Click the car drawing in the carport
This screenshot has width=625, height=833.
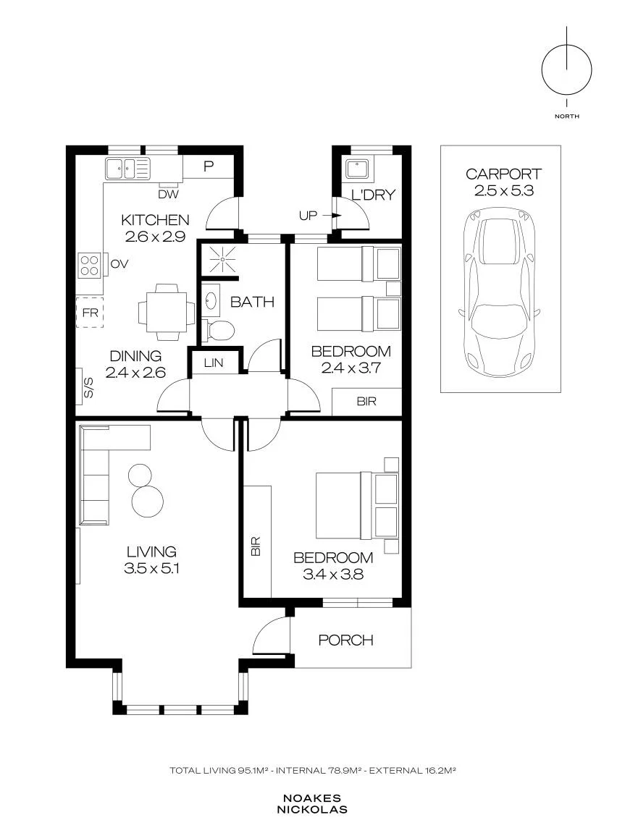[x=500, y=293]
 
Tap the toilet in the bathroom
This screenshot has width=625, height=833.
[x=219, y=330]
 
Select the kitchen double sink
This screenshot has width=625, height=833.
[x=127, y=169]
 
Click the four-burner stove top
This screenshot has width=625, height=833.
[x=89, y=265]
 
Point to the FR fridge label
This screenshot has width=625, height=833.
[x=91, y=313]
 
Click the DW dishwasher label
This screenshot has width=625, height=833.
[x=169, y=195]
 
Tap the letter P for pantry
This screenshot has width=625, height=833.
[x=209, y=166]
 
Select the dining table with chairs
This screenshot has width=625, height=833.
[x=167, y=312]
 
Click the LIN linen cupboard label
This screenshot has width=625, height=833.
[x=214, y=363]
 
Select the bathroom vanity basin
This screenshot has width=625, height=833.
[x=211, y=300]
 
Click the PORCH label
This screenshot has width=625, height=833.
[x=345, y=640]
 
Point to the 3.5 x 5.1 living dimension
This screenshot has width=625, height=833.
[x=151, y=568]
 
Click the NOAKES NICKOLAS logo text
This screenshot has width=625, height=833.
[x=312, y=804]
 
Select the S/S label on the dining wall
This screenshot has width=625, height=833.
[x=89, y=387]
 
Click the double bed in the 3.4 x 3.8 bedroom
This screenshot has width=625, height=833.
[x=357, y=505]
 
